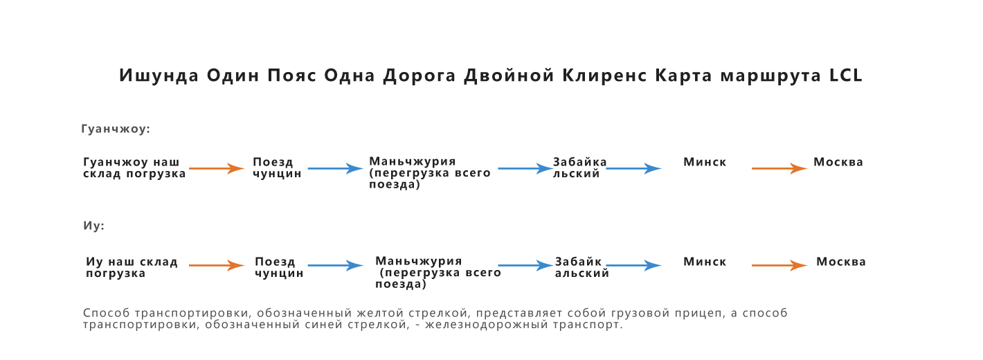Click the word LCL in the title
pyautogui.click(x=846, y=75)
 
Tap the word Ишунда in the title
pyautogui.click(x=159, y=75)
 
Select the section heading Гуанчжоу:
pyautogui.click(x=116, y=129)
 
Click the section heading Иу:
pyautogui.click(x=94, y=226)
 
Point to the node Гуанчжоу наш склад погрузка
pyautogui.click(x=135, y=168)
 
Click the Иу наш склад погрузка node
pyautogui.click(x=132, y=267)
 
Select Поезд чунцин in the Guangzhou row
pyautogui.click(x=277, y=168)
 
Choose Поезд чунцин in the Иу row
pyautogui.click(x=279, y=267)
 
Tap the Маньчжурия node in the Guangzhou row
pyautogui.click(x=430, y=172)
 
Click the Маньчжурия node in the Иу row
pyautogui.click(x=438, y=272)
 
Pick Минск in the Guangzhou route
pyautogui.click(x=705, y=162)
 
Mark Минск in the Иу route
pyautogui.click(x=705, y=262)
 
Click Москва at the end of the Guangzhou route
pyautogui.click(x=838, y=162)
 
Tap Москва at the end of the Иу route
pyautogui.click(x=841, y=262)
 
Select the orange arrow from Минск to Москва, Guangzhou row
pyautogui.click(x=779, y=168)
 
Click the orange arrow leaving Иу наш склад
pyautogui.click(x=217, y=265)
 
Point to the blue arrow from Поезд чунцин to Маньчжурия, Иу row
pyautogui.click(x=336, y=265)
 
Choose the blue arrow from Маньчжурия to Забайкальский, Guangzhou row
pyautogui.click(x=525, y=168)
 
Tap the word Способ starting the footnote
pyautogui.click(x=107, y=314)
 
